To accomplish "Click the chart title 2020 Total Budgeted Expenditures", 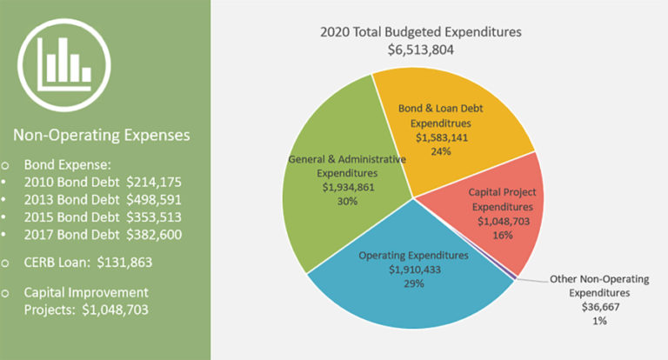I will pyautogui.click(x=420, y=32).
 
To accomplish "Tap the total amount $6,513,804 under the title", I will pyautogui.click(x=420, y=50).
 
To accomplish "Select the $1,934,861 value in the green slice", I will pyautogui.click(x=346, y=186).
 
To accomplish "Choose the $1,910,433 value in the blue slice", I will pyautogui.click(x=413, y=270).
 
